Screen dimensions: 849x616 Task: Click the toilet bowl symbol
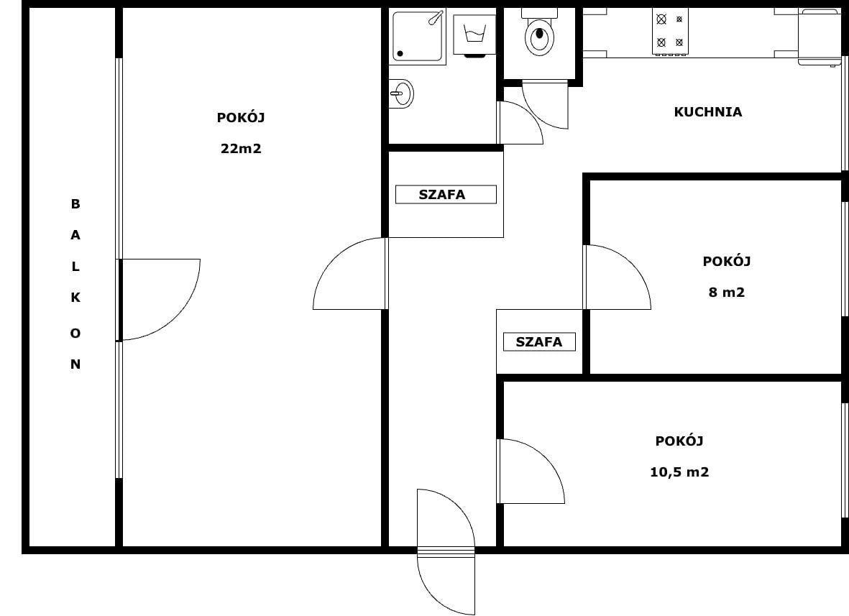(x=539, y=32)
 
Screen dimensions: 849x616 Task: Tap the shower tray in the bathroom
(x=418, y=37)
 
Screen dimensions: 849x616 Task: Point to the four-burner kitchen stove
(x=670, y=32)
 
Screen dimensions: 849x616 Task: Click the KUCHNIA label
(x=707, y=112)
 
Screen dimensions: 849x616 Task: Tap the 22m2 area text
(x=241, y=148)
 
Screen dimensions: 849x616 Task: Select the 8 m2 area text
(x=727, y=293)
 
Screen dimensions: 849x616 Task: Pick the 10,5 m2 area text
(x=679, y=472)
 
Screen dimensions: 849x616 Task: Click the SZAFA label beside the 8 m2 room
(x=539, y=342)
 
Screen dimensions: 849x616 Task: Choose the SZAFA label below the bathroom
(x=442, y=194)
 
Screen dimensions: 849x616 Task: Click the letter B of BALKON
(x=75, y=204)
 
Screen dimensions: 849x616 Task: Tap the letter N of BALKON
(x=75, y=364)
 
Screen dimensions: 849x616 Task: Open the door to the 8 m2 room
(x=618, y=277)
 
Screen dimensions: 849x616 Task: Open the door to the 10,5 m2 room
(x=531, y=471)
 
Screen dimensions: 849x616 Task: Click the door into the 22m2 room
(x=350, y=273)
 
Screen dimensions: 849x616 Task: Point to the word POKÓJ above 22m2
(x=241, y=117)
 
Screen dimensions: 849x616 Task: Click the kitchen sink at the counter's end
(x=820, y=37)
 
